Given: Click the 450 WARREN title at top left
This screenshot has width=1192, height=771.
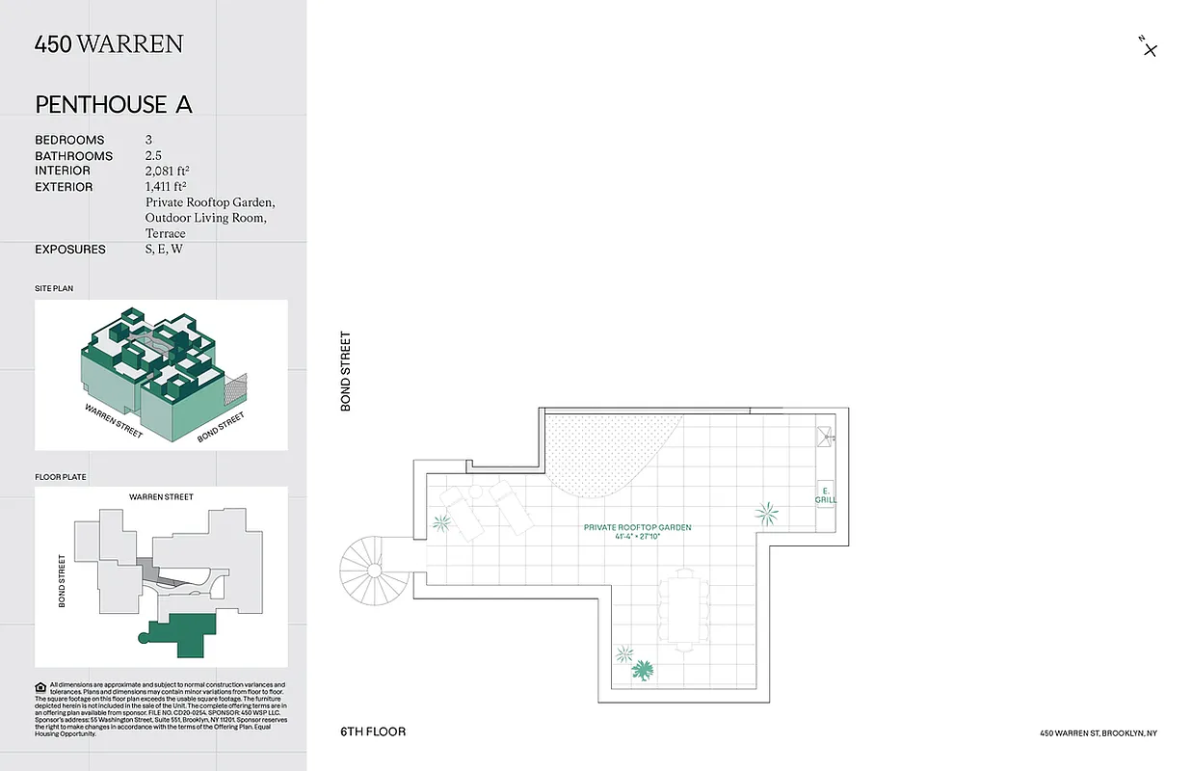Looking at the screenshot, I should (x=108, y=44).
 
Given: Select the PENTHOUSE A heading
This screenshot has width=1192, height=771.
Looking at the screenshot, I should (x=114, y=105).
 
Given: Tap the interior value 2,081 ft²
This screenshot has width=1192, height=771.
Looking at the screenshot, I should (x=172, y=171).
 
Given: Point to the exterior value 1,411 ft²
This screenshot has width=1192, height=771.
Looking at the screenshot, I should (x=166, y=187).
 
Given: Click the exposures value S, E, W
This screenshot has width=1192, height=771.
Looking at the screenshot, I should (x=164, y=250).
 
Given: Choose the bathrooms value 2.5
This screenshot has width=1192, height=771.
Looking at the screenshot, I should (x=154, y=155).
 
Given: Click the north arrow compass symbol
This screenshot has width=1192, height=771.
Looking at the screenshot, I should (x=1148, y=47).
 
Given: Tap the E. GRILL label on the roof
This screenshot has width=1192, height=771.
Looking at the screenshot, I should (x=826, y=495).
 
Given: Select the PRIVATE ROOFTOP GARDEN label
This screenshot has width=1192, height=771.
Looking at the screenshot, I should (x=637, y=528).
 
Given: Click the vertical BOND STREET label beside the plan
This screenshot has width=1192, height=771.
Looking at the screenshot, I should (x=346, y=372).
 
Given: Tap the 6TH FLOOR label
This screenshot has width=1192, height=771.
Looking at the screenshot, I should (x=373, y=732).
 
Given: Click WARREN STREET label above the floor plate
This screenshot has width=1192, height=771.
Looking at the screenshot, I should (x=161, y=497).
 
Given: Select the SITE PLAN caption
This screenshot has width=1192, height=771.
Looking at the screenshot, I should (x=54, y=288).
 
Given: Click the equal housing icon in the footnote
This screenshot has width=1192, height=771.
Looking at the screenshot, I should (x=40, y=687).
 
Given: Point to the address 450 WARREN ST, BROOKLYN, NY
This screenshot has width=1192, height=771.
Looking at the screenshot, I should (x=1099, y=733).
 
